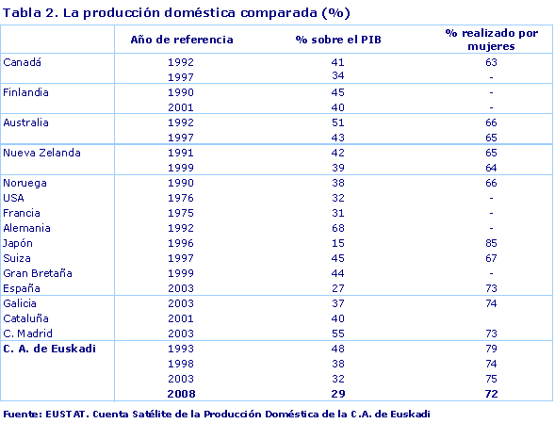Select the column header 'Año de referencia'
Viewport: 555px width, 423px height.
coord(181,40)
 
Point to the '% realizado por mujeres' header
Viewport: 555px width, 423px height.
coord(491,39)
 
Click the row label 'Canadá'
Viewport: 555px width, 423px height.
coord(24,62)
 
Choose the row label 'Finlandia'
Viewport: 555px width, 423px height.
coord(26,92)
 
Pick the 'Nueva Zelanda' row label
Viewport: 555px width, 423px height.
coord(41,153)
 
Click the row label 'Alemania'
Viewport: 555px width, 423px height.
coord(27,228)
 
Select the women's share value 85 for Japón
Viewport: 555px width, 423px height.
coord(491,243)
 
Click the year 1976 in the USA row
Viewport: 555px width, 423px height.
coord(181,198)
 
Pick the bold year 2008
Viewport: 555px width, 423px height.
coord(181,394)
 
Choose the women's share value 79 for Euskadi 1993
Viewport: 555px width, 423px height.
coord(491,349)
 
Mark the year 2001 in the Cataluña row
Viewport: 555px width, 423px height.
coord(181,318)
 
